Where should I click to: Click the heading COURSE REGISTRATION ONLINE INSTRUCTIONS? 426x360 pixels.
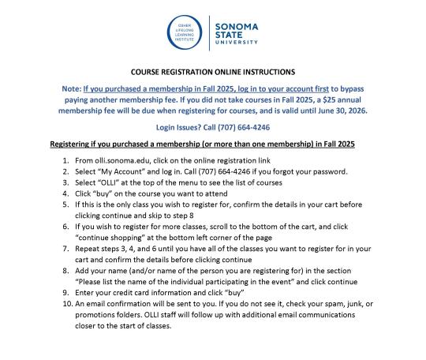click(x=213, y=71)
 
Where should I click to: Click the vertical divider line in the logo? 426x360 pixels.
click(x=209, y=35)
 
